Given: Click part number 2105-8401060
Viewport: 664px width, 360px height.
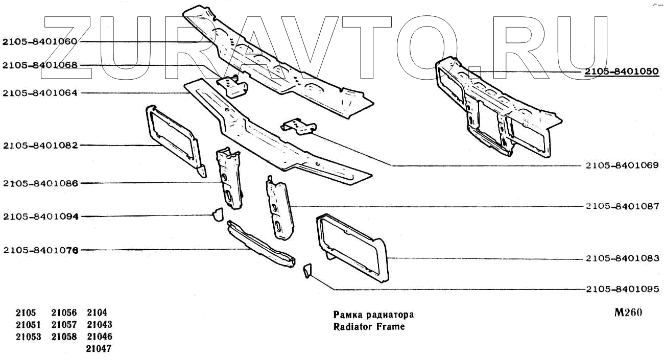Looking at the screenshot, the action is click(40, 42).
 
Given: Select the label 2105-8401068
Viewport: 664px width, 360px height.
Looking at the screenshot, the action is click(40, 65).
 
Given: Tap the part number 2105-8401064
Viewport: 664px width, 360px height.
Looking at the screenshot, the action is click(40, 93).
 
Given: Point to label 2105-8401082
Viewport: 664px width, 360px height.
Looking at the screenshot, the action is click(40, 146).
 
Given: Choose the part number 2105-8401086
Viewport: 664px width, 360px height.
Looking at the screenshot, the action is click(40, 183).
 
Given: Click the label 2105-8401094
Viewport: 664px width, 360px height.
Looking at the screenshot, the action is click(40, 217).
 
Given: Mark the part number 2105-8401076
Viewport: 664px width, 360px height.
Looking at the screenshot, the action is click(40, 250).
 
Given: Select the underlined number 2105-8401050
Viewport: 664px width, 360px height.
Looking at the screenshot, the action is click(622, 71).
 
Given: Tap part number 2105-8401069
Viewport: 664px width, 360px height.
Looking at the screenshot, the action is click(622, 165).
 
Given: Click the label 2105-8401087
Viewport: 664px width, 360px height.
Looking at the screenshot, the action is click(622, 206).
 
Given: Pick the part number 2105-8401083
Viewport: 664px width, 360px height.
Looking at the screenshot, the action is click(622, 259).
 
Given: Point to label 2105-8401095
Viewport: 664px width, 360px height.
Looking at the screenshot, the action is click(622, 290).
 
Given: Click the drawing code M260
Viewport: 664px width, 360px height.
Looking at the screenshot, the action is click(628, 313).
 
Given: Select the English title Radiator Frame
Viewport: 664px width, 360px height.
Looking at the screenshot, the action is click(368, 326).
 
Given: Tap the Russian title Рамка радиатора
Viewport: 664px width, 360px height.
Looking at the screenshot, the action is click(373, 315).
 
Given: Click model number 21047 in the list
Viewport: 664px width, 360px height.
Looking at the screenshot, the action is click(99, 349).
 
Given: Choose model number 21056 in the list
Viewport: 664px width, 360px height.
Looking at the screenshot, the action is click(64, 313).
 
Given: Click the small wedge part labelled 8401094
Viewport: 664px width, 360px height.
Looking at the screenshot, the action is click(218, 214).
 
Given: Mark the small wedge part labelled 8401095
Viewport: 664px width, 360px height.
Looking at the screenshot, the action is click(307, 270).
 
